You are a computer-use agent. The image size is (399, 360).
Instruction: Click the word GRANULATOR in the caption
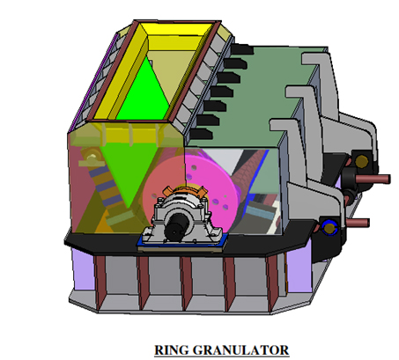pyautogui.click(x=240, y=350)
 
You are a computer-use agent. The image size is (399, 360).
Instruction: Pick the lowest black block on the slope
pyautogui.click(x=202, y=135)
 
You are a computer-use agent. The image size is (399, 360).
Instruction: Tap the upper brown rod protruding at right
pyautogui.click(x=373, y=179)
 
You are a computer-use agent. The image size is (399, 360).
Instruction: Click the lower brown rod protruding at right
pyautogui.click(x=358, y=223)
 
